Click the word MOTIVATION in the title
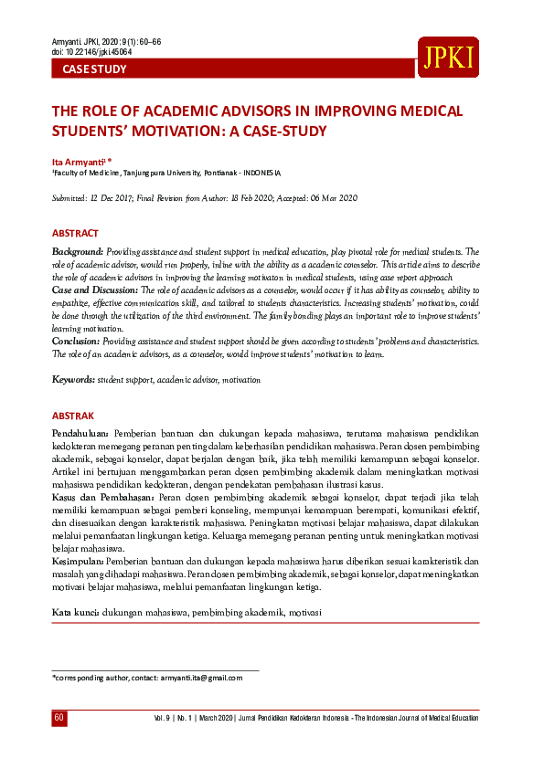point(183,131)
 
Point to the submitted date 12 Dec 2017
point(114,198)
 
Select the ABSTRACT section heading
point(75,234)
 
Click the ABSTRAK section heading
point(73,414)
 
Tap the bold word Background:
point(77,250)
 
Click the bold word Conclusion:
point(77,340)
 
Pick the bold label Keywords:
point(73,378)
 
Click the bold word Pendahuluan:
point(80,431)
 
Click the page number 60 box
point(59,719)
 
